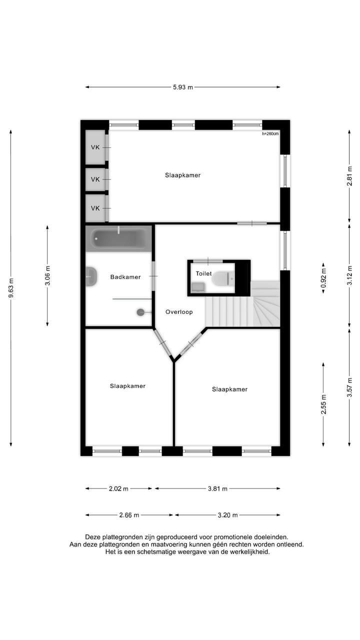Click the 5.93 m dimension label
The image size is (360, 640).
(x=182, y=87)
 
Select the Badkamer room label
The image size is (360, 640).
(x=125, y=277)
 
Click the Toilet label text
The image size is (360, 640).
(x=203, y=274)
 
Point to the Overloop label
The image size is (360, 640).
(x=179, y=312)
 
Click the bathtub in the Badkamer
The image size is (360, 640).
(x=118, y=238)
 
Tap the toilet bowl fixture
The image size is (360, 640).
(x=222, y=278)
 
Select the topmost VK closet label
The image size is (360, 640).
(x=95, y=147)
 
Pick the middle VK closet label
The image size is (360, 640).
(x=95, y=179)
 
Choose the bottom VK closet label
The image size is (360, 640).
(x=95, y=208)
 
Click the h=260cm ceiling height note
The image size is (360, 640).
(x=270, y=133)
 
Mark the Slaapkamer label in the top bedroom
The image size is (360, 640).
(x=183, y=175)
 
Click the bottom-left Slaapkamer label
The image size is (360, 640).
(x=128, y=386)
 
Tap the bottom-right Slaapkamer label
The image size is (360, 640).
(x=229, y=389)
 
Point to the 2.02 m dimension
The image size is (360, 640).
(x=118, y=488)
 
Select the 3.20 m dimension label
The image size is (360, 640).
(x=227, y=515)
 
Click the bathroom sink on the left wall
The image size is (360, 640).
(x=91, y=277)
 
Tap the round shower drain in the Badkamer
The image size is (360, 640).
(x=140, y=312)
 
